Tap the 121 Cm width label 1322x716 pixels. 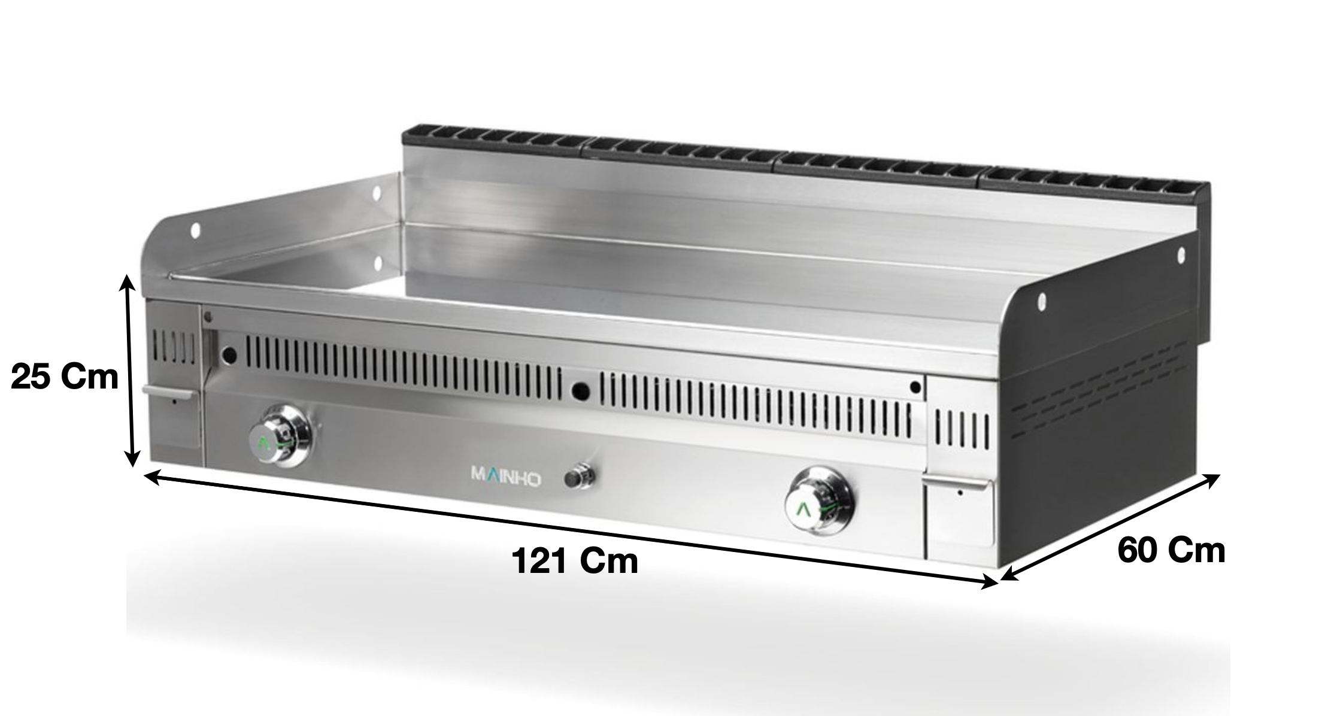click(575, 562)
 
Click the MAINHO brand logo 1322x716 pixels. click(507, 479)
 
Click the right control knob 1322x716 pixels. click(820, 500)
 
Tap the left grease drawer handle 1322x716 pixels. click(168, 392)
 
